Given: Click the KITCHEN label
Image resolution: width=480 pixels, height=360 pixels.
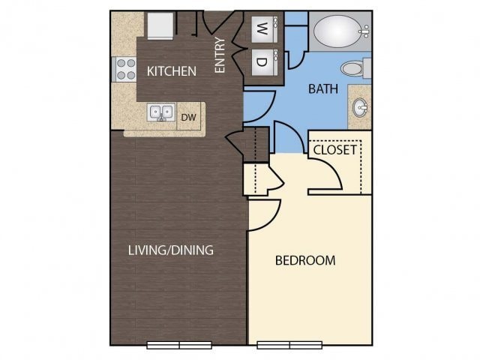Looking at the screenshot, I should coord(171,71).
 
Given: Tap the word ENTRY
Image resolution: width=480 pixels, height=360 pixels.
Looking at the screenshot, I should coord(220,55).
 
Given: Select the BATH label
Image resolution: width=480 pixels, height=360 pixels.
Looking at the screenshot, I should coord(323,88).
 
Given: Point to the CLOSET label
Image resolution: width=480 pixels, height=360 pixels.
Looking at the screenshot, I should coord(334,149).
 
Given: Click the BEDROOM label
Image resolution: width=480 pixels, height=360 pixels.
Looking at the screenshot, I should coord(304,260).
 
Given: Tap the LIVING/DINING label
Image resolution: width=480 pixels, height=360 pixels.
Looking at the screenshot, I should coord(170,250).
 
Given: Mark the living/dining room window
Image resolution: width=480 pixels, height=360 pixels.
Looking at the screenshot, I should coord(179,345).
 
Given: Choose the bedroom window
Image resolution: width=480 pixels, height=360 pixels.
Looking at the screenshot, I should coord(289,345).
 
